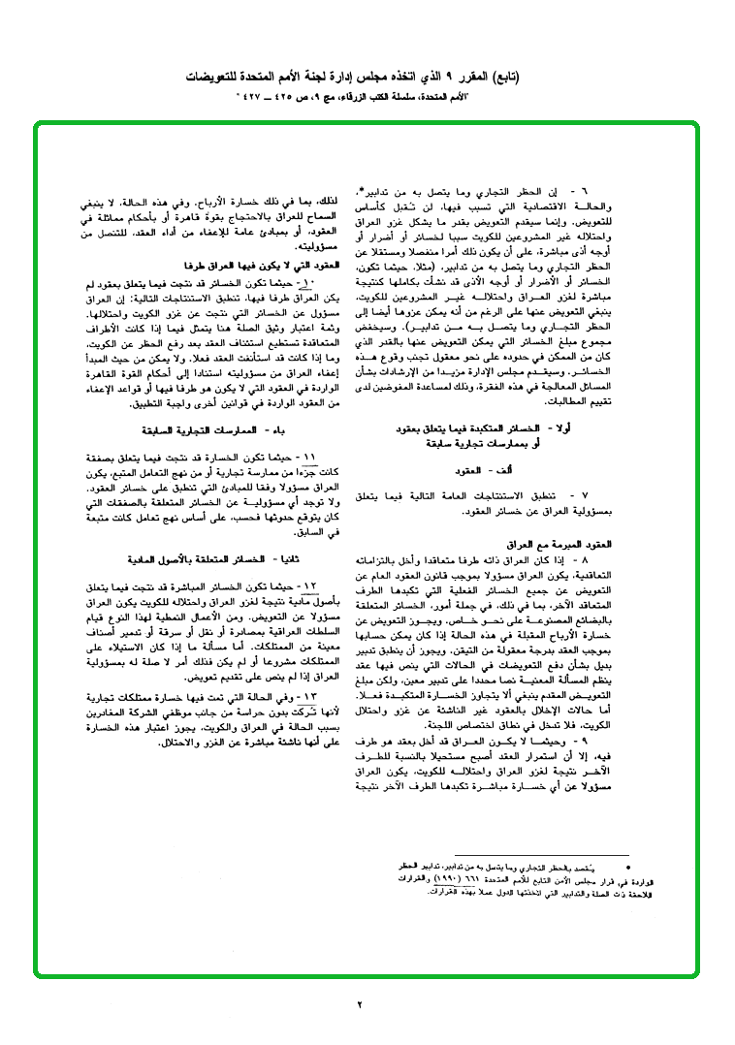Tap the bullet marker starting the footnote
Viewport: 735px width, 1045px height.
point(628,863)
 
